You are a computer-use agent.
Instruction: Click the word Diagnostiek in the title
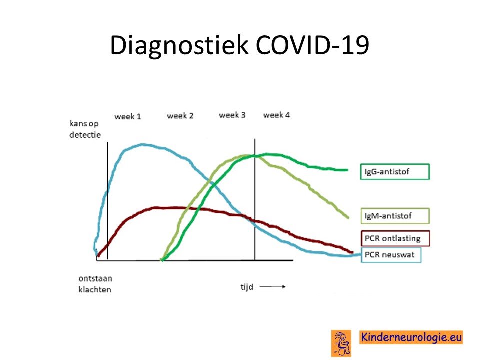(179, 45)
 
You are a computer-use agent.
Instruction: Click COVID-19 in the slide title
(312, 45)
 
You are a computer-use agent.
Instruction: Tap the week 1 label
(128, 116)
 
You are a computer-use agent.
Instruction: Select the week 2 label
(180, 116)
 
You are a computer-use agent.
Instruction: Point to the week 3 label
(232, 115)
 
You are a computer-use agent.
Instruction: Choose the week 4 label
(276, 115)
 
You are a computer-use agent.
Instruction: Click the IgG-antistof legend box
(395, 171)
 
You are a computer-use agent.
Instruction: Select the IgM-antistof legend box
(395, 216)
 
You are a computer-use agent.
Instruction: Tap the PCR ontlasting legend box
(395, 238)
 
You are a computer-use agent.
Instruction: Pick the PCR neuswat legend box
(391, 255)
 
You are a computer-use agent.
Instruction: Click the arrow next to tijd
(273, 287)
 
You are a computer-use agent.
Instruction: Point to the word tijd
(247, 287)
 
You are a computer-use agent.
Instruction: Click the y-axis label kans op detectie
(85, 129)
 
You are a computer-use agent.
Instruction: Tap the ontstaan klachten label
(95, 284)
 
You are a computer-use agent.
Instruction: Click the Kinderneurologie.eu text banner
(411, 337)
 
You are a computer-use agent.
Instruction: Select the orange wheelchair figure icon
(341, 343)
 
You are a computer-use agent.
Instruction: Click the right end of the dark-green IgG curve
(348, 170)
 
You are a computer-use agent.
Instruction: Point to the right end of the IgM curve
(348, 218)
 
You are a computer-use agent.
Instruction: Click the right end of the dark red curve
(353, 252)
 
